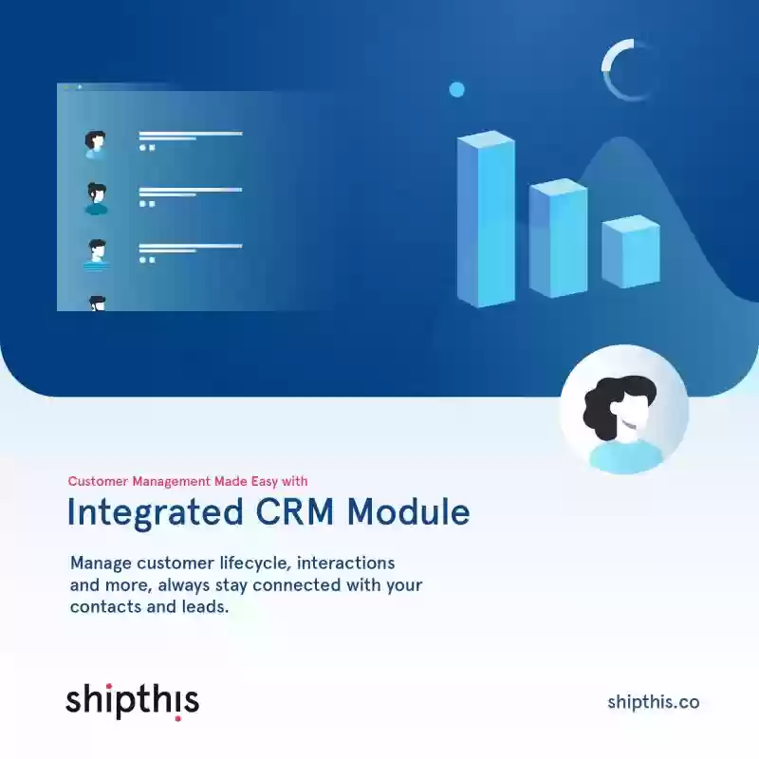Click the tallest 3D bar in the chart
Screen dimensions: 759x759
pyautogui.click(x=486, y=219)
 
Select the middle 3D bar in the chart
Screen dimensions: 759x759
pyautogui.click(x=558, y=238)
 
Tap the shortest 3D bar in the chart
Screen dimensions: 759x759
pyautogui.click(x=631, y=251)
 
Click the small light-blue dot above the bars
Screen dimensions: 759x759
pyautogui.click(x=456, y=89)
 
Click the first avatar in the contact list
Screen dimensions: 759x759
pyautogui.click(x=96, y=144)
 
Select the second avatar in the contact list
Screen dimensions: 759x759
pyautogui.click(x=97, y=199)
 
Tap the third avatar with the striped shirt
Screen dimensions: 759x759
pyautogui.click(x=97, y=254)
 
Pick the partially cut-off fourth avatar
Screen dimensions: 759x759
pyautogui.click(x=98, y=304)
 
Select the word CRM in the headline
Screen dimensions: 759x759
pyautogui.click(x=295, y=511)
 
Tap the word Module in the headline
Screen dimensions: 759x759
pyautogui.click(x=409, y=511)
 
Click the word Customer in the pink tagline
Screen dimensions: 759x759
pyautogui.click(x=98, y=481)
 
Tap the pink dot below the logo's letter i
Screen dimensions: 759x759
pyautogui.click(x=177, y=718)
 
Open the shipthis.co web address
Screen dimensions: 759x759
pyautogui.click(x=654, y=702)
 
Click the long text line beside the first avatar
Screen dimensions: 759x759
pyautogui.click(x=191, y=133)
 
